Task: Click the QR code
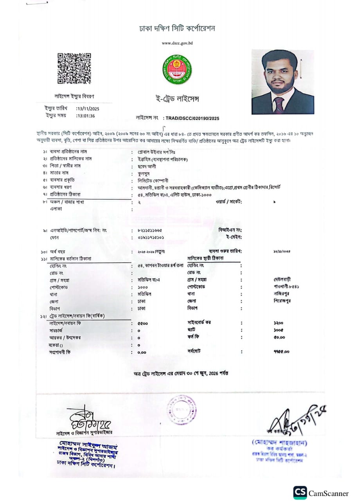point(74,68)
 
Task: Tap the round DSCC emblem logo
point(177,69)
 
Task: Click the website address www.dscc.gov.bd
point(177,43)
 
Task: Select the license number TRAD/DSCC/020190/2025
point(193,118)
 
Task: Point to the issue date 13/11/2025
point(88,108)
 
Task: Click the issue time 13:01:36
point(86,116)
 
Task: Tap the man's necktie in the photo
point(278,105)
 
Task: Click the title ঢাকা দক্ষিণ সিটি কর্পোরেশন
point(177,29)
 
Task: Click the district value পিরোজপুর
point(284,301)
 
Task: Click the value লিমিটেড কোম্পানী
point(153,180)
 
